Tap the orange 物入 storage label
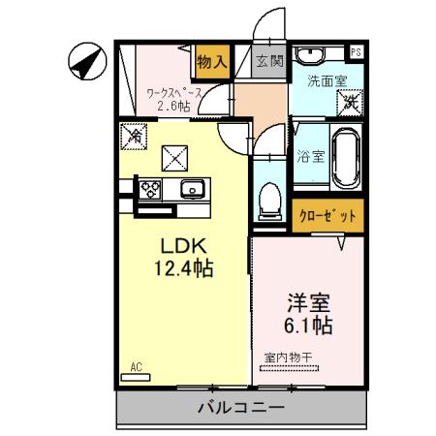click(212, 61)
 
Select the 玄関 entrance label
click(268, 61)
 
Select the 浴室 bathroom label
click(311, 154)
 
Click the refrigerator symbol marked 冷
click(135, 139)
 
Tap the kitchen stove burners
click(151, 188)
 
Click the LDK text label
click(180, 242)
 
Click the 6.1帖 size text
click(308, 324)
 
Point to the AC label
click(137, 367)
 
